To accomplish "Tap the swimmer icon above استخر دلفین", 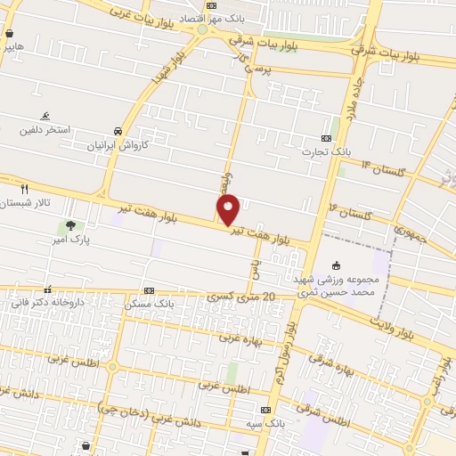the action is click(45, 117).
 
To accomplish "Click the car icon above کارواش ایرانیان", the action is click(118, 129).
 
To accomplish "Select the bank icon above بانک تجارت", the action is click(326, 138).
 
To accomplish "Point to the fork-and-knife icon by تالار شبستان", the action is click(24, 189).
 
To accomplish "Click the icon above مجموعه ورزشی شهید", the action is click(336, 265).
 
